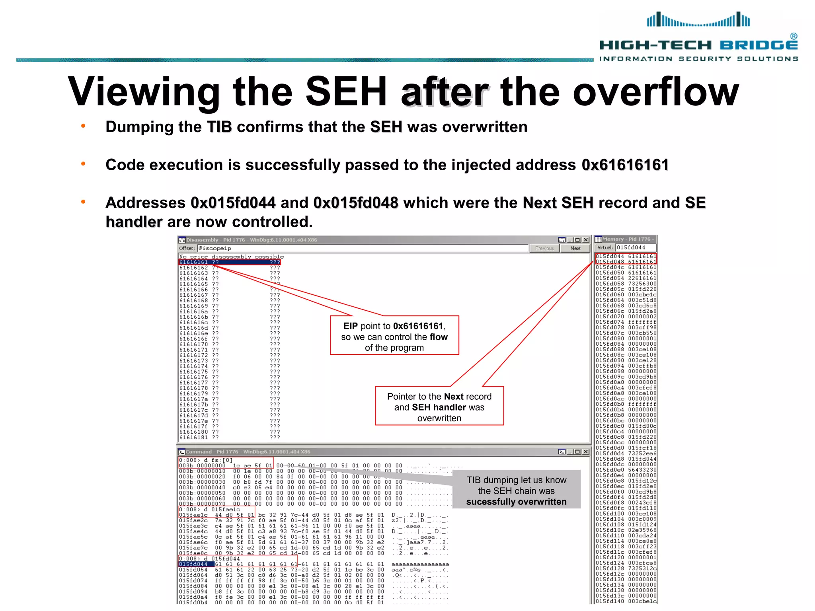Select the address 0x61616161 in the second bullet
tap(625, 165)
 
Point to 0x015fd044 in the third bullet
tap(233, 203)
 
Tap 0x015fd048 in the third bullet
tap(355, 203)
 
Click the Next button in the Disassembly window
tap(575, 248)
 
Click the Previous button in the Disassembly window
tap(544, 248)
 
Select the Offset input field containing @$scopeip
tap(362, 248)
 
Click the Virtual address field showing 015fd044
tap(635, 247)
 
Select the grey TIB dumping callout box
tap(516, 490)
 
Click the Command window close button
tap(586, 451)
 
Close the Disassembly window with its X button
tap(586, 240)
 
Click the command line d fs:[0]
tap(206, 460)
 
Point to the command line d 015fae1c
tap(210, 509)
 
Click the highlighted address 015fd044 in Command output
tap(193, 564)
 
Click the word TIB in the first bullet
tap(219, 127)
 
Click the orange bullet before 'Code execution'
tap(83, 164)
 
